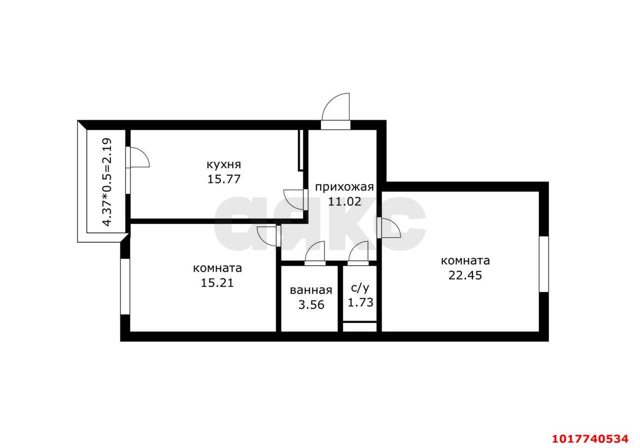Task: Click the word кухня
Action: [x=223, y=165]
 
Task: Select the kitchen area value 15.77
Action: [x=223, y=179]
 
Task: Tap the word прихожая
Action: [x=344, y=187]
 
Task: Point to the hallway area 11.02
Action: [x=344, y=202]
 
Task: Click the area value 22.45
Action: [x=465, y=275]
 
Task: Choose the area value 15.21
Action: [x=217, y=283]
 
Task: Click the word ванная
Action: [x=311, y=291]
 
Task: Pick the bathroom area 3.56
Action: [x=311, y=305]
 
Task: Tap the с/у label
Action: [x=360, y=288]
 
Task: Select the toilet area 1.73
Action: [x=360, y=303]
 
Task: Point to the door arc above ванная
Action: [x=311, y=248]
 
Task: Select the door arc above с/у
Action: [x=354, y=248]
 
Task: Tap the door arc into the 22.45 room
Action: [x=395, y=224]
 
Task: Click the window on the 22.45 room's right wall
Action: [x=543, y=264]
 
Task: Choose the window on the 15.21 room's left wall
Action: [x=125, y=287]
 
